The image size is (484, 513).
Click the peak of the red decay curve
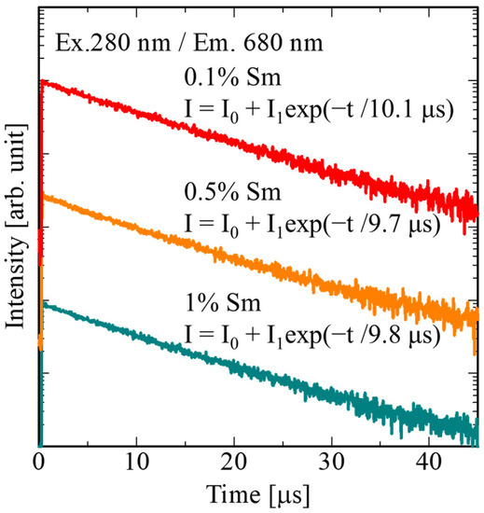tap(43, 81)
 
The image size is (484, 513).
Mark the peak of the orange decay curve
tap(43, 197)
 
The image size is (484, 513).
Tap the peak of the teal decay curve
tap(43, 304)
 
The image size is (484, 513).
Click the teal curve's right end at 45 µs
tap(477, 424)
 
